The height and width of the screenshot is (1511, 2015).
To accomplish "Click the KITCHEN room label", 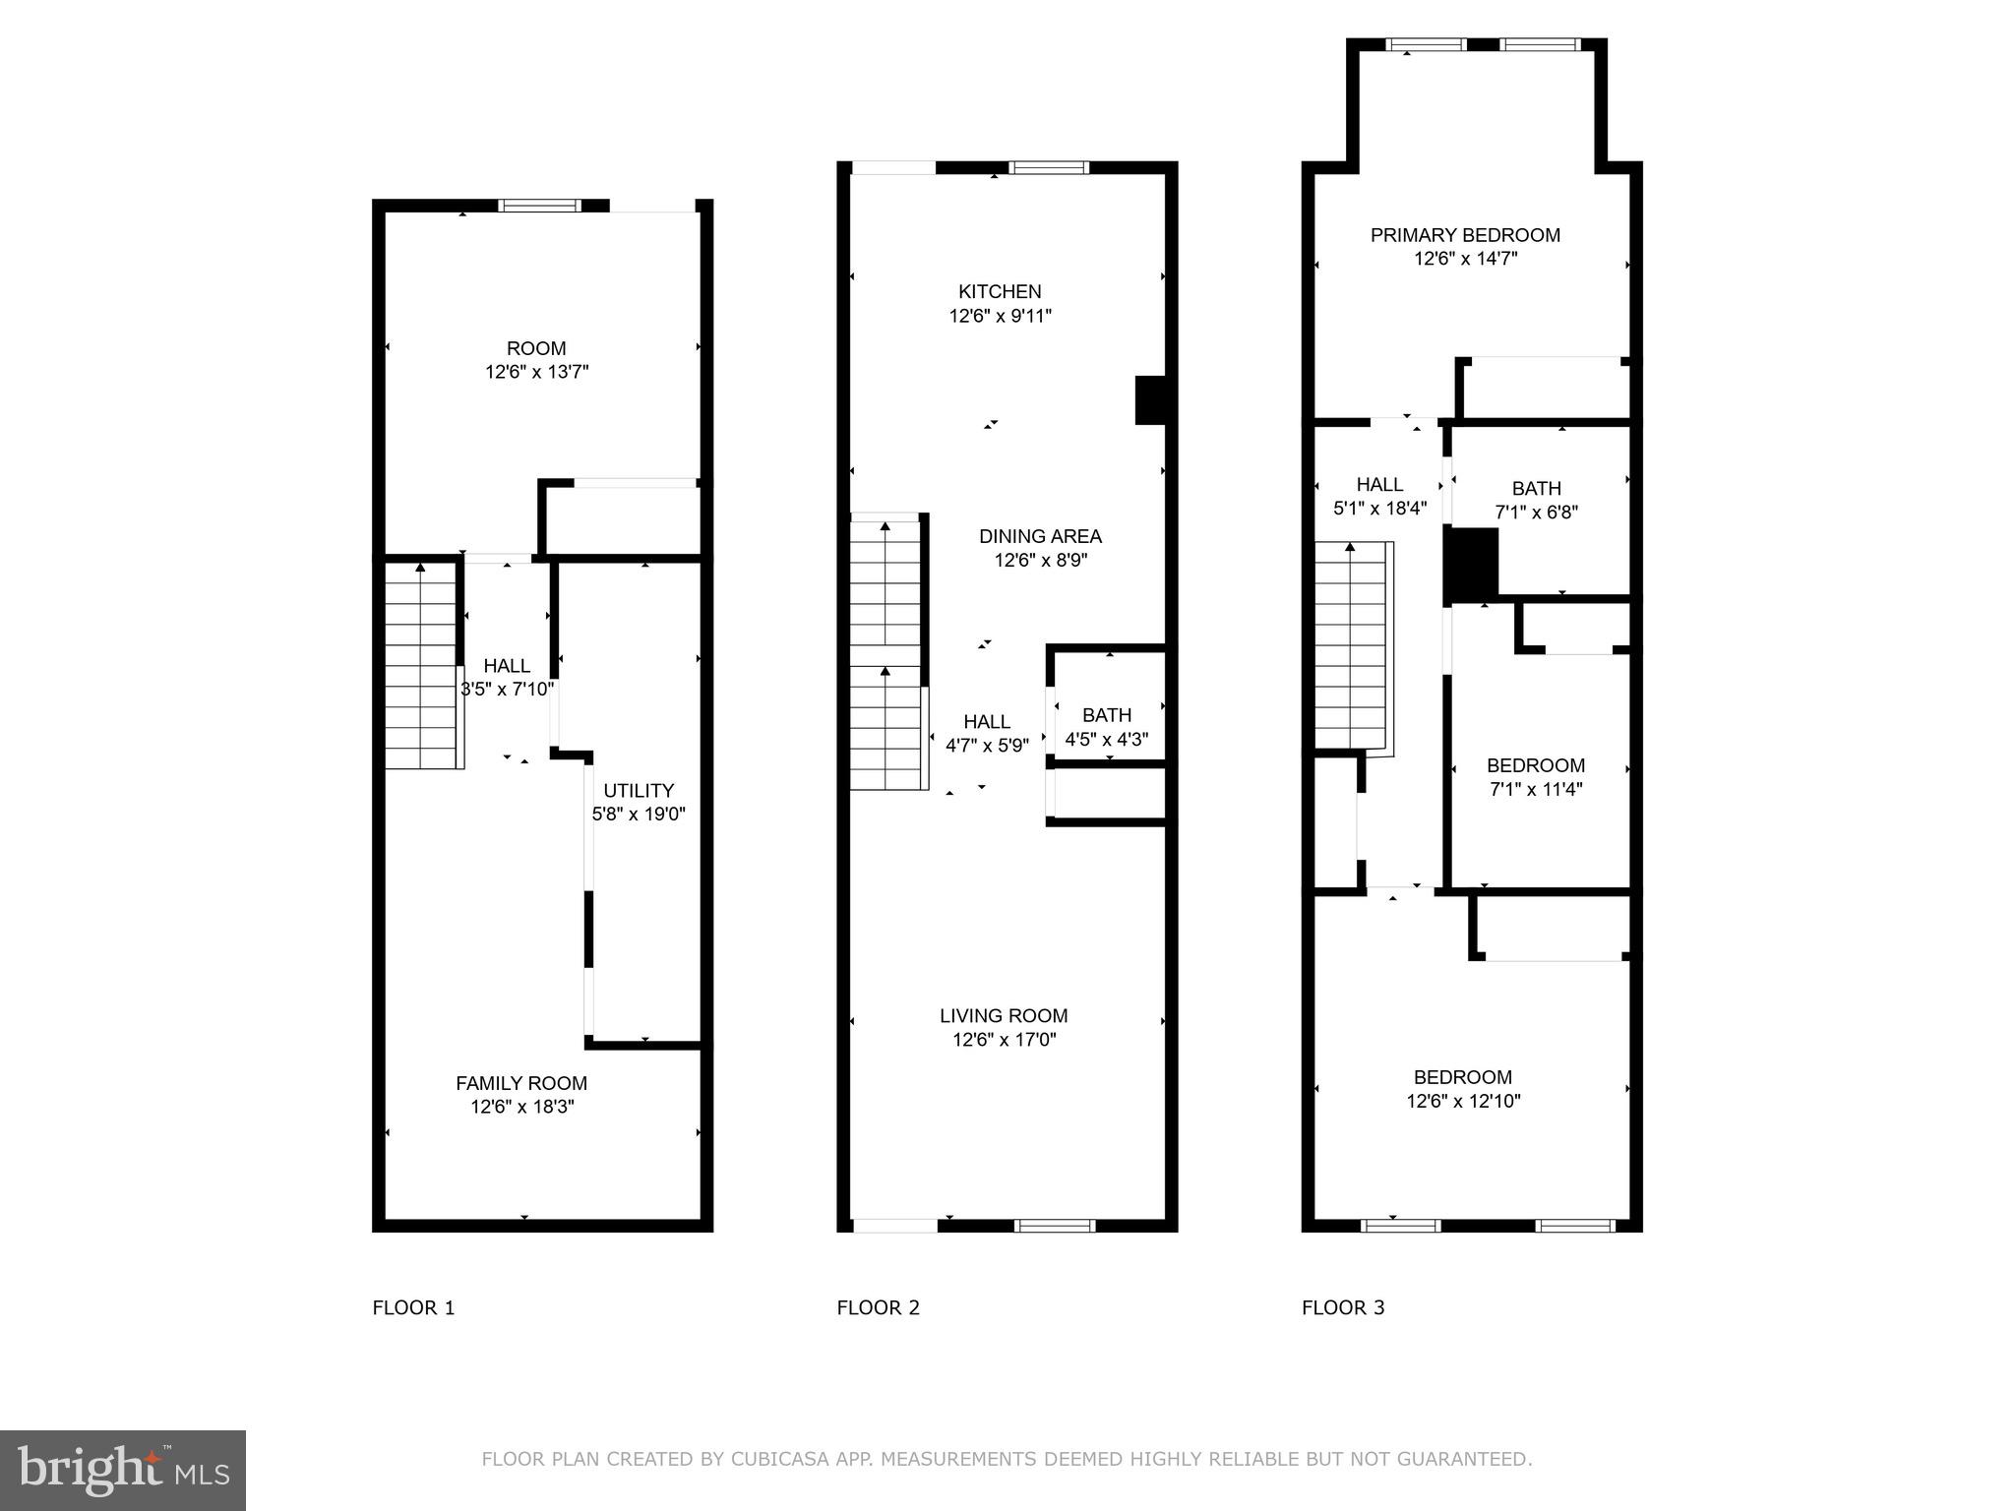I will (x=1000, y=291).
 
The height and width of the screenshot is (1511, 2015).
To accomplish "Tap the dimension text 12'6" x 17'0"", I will (x=1004, y=1040).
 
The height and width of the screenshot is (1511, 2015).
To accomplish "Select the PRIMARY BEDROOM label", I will (x=1465, y=235).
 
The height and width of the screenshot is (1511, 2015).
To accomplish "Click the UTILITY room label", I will (x=639, y=790).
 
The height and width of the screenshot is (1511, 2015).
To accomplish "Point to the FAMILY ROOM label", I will (x=521, y=1083).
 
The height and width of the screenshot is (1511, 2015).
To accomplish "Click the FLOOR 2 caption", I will (x=878, y=1307).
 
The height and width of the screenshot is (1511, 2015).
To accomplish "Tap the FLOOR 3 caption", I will (x=1343, y=1307).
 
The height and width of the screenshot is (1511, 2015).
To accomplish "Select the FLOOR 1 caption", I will (x=413, y=1307).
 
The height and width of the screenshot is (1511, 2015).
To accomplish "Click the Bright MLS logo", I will (x=123, y=1470).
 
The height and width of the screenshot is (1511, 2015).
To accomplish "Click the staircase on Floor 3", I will (x=1352, y=644).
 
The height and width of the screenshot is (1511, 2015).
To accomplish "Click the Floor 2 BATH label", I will (x=1107, y=715).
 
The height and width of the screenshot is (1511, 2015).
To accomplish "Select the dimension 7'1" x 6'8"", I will (x=1536, y=512).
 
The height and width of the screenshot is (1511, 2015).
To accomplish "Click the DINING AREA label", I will (x=1040, y=536).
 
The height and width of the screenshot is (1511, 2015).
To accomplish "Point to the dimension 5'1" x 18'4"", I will (x=1379, y=509).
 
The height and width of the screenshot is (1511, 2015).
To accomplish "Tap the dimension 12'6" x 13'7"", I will (x=536, y=372).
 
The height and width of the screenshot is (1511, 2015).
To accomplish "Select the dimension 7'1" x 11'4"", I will (x=1535, y=789).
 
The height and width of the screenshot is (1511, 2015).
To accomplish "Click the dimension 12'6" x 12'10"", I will (x=1463, y=1101).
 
